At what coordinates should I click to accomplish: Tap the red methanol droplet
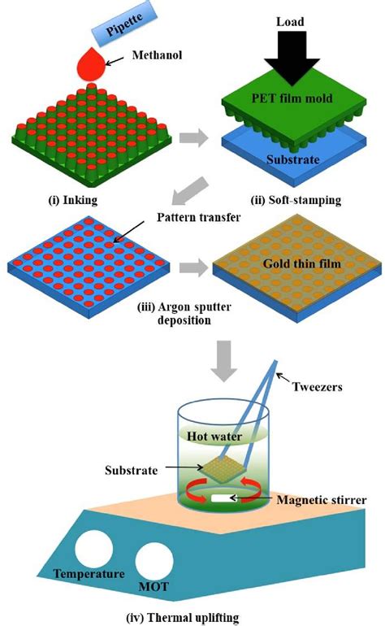[x=96, y=63]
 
